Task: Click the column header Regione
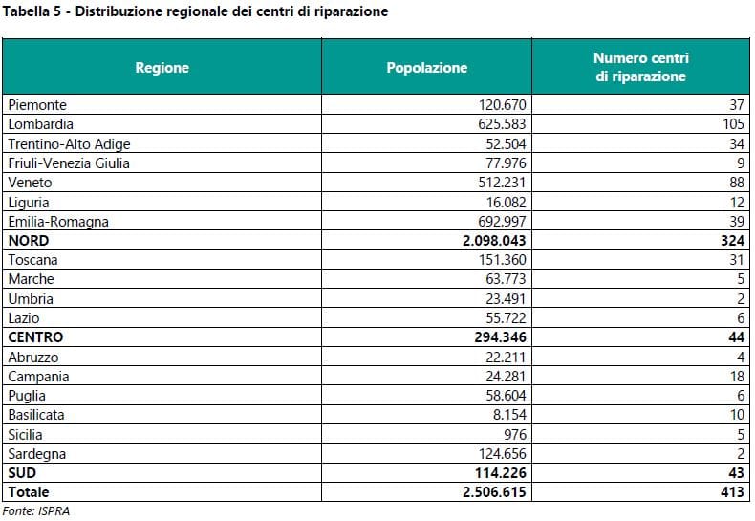(162, 68)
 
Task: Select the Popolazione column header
(426, 68)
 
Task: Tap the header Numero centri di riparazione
(640, 68)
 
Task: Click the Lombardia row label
(40, 124)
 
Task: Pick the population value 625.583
(503, 124)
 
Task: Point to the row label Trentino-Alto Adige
(69, 143)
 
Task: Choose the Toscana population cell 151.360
(503, 260)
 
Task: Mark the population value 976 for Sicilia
(515, 434)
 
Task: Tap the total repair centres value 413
(731, 492)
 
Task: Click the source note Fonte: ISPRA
(35, 510)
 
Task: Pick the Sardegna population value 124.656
(503, 453)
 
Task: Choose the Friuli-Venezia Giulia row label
(68, 163)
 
